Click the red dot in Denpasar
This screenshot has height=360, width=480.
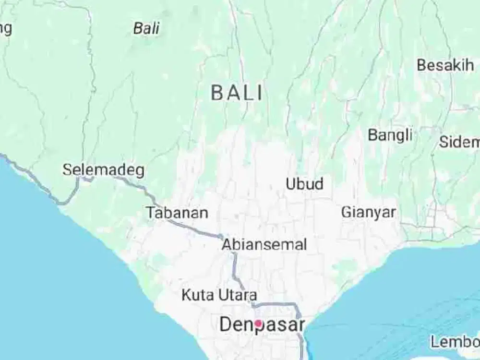click(x=258, y=324)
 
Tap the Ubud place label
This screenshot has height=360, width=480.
click(x=304, y=184)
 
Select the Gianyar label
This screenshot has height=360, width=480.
click(x=369, y=212)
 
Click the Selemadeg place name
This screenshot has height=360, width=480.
click(x=104, y=170)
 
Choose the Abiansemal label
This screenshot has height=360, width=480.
click(x=264, y=244)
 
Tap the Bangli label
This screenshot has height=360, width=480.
click(x=390, y=135)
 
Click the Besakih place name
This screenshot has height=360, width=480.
click(x=445, y=65)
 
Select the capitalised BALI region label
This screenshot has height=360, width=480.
click(x=237, y=93)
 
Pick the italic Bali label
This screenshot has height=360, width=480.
click(x=146, y=28)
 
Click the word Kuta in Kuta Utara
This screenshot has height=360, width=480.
click(x=197, y=295)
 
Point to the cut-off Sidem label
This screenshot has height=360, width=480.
click(x=459, y=142)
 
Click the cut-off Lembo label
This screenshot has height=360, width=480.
click(x=455, y=342)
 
